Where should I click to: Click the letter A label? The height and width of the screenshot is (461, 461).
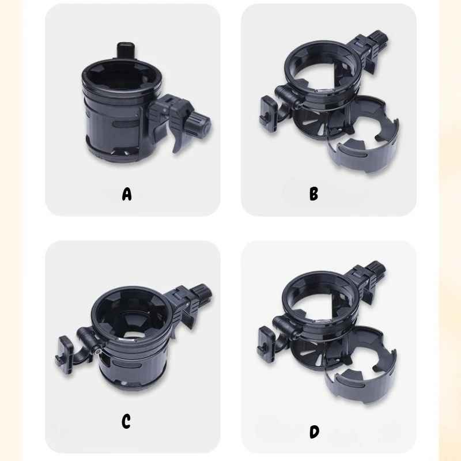coord(127,194)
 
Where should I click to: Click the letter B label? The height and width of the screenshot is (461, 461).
coord(313,194)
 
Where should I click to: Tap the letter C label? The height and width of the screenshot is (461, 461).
coord(126,421)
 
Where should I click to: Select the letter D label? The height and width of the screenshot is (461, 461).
coord(314,432)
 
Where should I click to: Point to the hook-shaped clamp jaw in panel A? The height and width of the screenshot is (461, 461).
coord(179,138)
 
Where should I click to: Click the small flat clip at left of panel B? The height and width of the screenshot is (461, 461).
coord(268,114)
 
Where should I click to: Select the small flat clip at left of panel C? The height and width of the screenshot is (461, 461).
coord(65,355)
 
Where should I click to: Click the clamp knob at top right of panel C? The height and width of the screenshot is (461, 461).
coord(203,291)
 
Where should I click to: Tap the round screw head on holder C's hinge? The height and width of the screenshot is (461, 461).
coord(97,351)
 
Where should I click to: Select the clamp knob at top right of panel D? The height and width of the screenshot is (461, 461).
coord(376,267)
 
